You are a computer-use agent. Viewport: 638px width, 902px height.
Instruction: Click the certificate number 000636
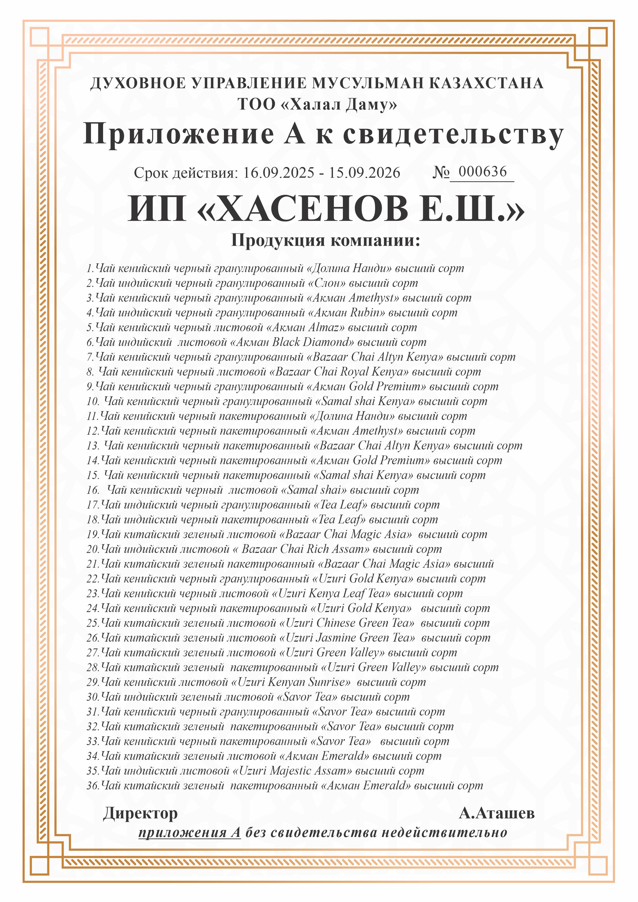point(482,172)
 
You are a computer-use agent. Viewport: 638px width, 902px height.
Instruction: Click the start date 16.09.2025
point(279,173)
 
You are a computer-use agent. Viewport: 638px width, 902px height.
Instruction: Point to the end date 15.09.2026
point(364,173)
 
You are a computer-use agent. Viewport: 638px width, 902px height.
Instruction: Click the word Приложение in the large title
point(179,134)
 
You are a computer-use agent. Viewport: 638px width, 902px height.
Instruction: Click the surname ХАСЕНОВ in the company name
point(312,209)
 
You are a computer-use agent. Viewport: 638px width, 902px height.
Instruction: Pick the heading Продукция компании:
point(326,240)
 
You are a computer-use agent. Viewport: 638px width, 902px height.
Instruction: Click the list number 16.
point(93,490)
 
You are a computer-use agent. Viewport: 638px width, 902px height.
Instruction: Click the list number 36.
point(93,786)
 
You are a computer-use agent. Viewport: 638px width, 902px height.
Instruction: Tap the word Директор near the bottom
point(140,814)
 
